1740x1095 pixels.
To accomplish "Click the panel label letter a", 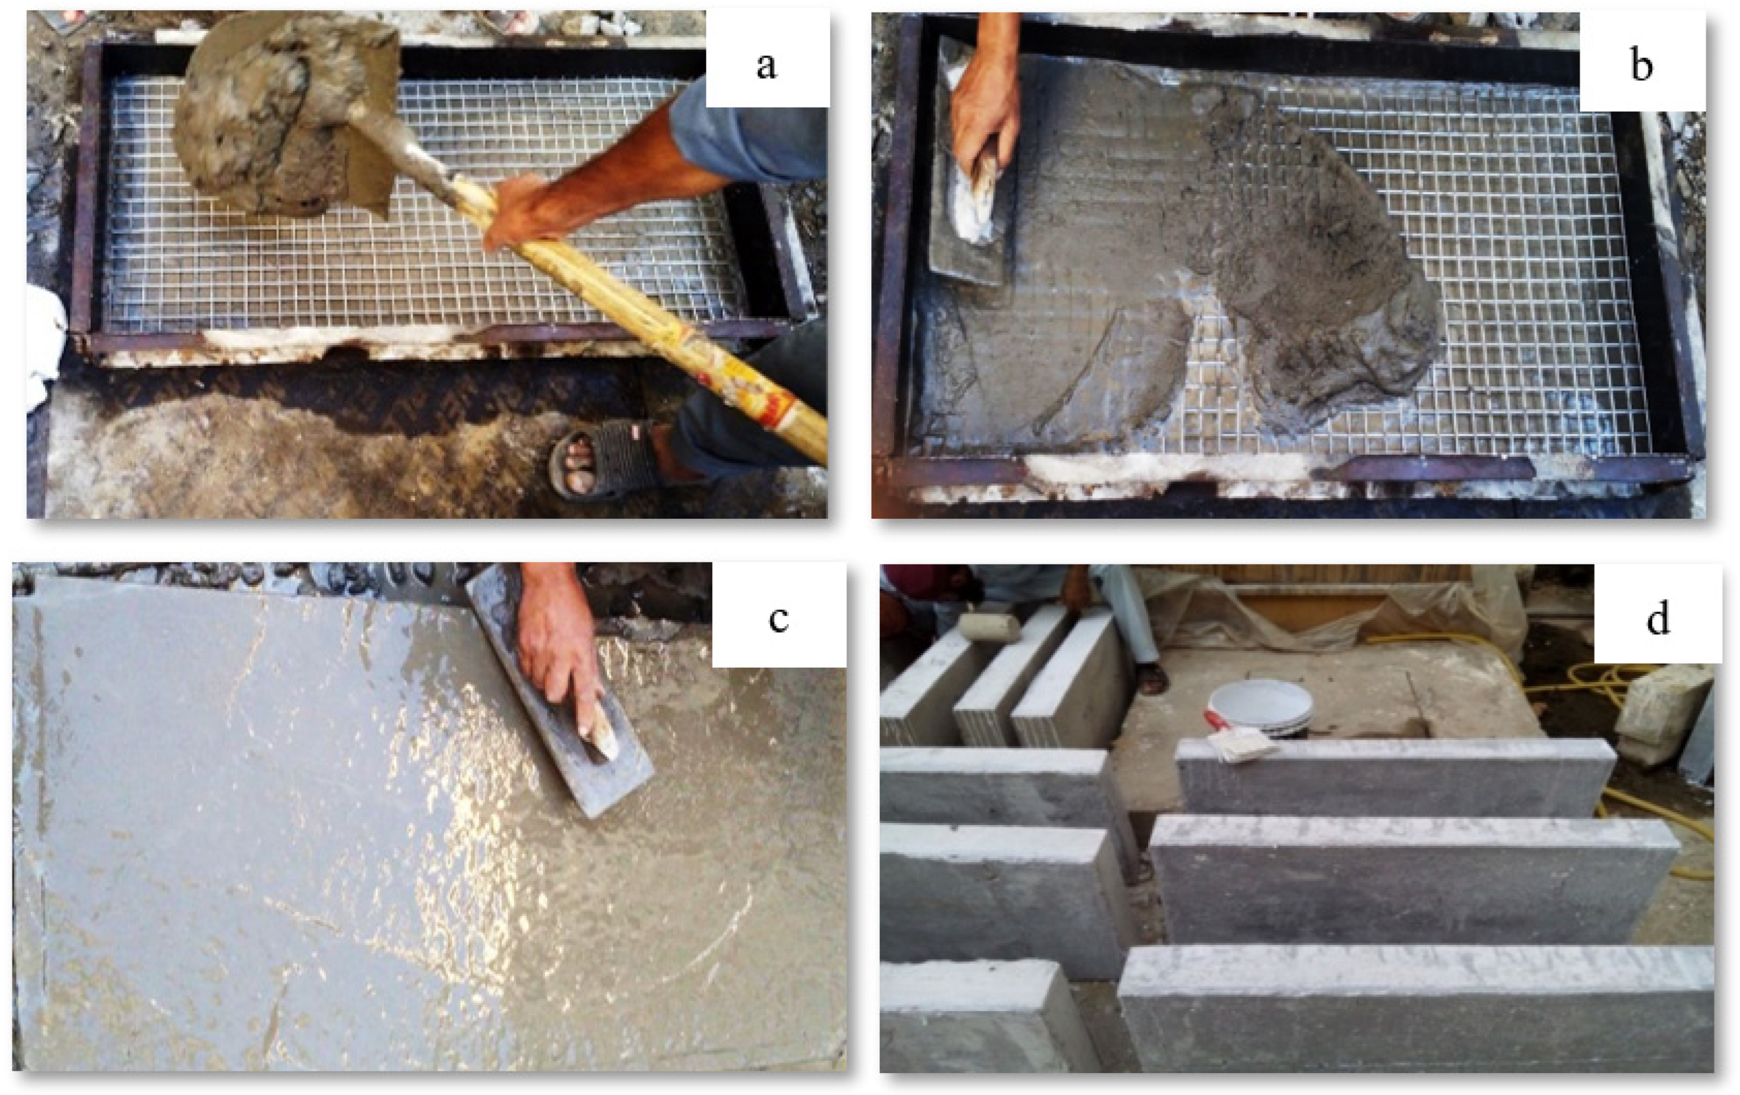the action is tap(766, 66).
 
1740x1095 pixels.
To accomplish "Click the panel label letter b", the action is tap(1642, 66).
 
